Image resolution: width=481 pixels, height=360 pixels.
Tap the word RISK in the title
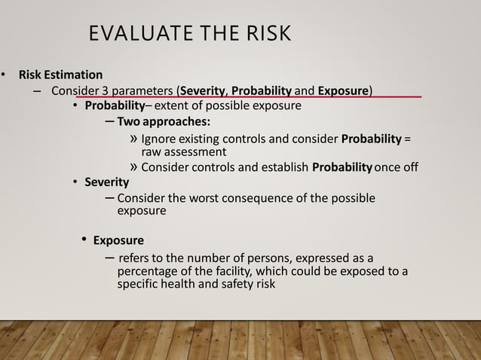tap(263, 35)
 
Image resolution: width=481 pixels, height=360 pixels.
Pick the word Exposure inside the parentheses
tap(342, 91)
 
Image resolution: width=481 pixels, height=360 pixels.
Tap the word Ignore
tap(161, 139)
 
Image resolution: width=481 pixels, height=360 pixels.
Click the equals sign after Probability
tap(407, 139)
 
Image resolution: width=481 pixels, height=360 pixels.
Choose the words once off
tap(396, 167)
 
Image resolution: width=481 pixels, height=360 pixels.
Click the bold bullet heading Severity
tap(106, 182)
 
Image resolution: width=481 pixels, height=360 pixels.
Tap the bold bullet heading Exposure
tap(118, 240)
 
